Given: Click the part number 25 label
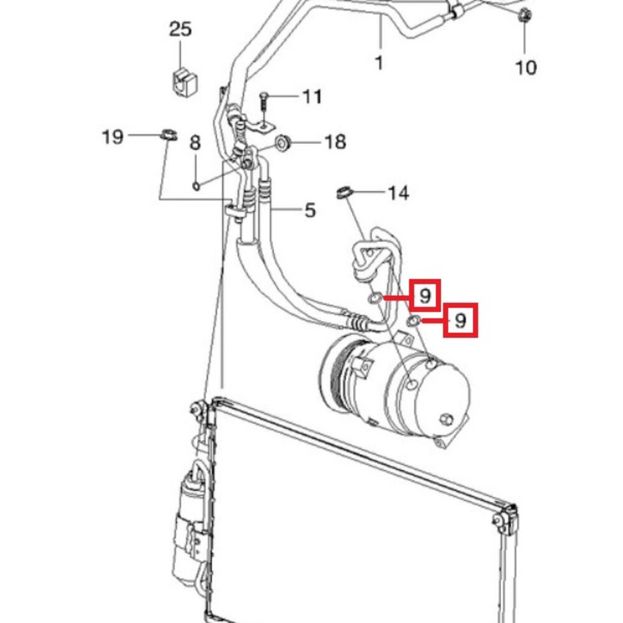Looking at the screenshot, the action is [x=181, y=29].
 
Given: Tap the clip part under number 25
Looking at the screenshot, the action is [x=185, y=82].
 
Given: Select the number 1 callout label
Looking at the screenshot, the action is [x=379, y=63].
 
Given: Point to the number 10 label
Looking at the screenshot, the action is [x=526, y=67].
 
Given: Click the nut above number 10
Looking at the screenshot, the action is [x=525, y=16].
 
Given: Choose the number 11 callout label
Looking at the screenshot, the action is [x=312, y=97].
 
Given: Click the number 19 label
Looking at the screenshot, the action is [x=113, y=136].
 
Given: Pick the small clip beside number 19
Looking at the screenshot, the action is [x=169, y=135].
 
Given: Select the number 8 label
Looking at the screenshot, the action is [x=194, y=143].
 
